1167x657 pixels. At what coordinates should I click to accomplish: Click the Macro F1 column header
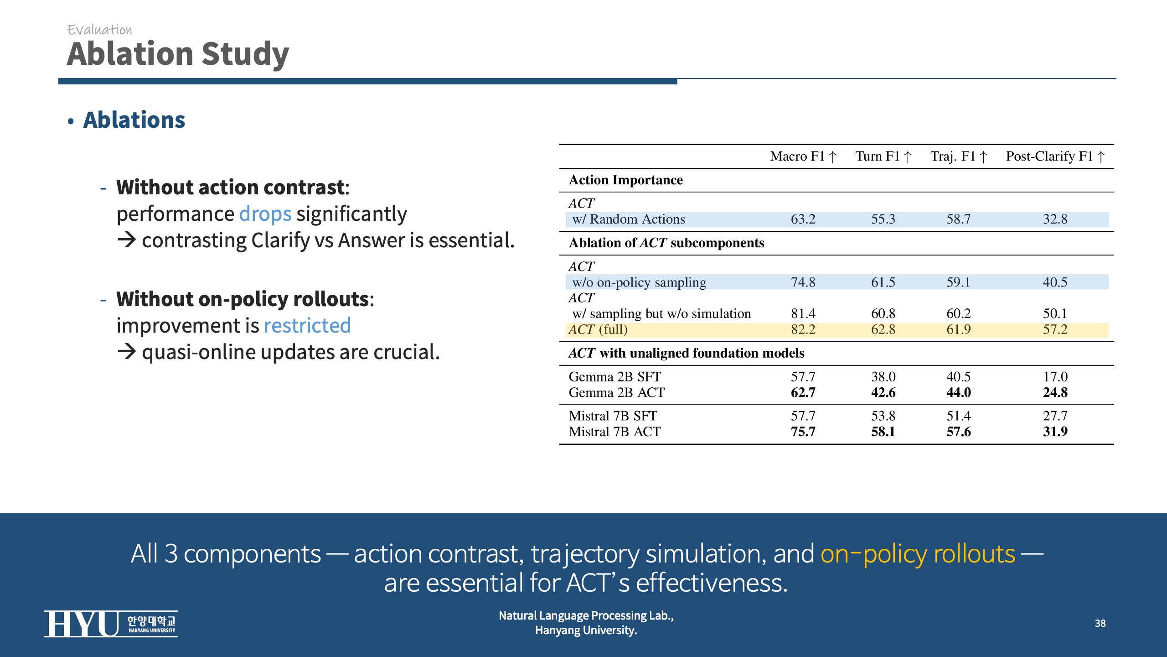pos(803,156)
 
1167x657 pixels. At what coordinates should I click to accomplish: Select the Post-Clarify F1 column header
pos(1055,156)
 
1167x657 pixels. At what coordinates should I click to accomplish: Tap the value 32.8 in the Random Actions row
pos(1055,219)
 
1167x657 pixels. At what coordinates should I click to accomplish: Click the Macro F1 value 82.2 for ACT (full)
pos(803,329)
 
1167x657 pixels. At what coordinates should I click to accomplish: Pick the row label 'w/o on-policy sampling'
pos(639,282)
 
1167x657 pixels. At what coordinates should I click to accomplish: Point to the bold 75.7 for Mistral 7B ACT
pos(803,432)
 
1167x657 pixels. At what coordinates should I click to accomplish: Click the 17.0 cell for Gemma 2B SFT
pos(1055,377)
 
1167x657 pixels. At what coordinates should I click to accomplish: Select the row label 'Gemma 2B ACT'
pos(617,392)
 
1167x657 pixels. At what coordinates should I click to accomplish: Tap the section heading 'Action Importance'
pos(626,180)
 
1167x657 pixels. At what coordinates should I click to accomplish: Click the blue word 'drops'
pos(265,214)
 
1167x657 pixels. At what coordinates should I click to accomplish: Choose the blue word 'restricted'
pos(307,326)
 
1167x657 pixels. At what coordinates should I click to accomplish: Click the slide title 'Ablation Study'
pos(178,54)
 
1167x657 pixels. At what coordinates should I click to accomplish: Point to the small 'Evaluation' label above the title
pos(99,30)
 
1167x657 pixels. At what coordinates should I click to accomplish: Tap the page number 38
pos(1100,623)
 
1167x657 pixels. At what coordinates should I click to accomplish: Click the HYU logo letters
pos(81,624)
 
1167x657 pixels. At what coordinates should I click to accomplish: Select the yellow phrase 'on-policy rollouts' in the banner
pos(918,554)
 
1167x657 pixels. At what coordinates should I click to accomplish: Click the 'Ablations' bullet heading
pos(134,120)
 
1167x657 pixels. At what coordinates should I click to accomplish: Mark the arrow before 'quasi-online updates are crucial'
pos(127,352)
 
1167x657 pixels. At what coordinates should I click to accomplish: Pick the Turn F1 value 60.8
pos(883,314)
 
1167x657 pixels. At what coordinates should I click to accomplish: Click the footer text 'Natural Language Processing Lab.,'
pos(586,615)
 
